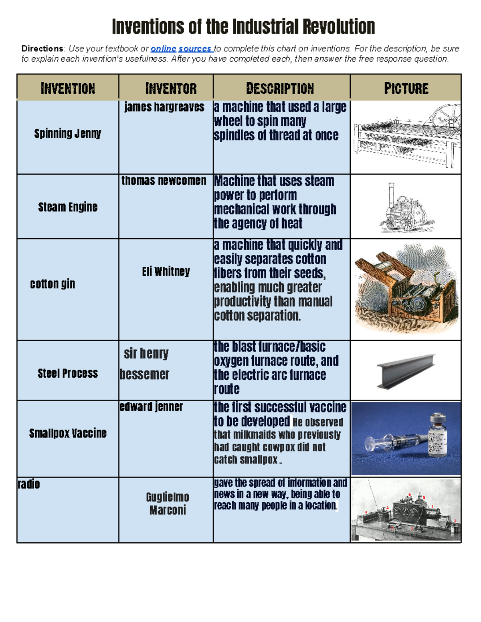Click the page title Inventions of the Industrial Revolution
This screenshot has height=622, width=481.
tap(243, 27)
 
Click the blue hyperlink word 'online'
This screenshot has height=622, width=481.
tap(163, 49)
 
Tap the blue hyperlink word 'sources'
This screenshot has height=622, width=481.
tap(195, 49)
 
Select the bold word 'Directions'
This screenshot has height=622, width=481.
tap(42, 49)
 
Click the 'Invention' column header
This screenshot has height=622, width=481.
tap(68, 88)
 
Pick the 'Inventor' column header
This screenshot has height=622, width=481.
tap(171, 88)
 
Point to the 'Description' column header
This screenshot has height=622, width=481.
tap(280, 88)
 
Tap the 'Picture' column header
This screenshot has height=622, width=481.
tap(406, 88)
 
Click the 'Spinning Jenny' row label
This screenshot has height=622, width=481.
tap(67, 133)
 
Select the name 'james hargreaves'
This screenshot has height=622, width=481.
tap(164, 107)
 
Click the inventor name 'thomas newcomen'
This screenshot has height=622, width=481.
tap(164, 181)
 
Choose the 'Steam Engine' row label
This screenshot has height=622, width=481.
tap(68, 207)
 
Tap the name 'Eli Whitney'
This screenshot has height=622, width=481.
tap(166, 272)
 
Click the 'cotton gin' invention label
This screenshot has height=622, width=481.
tap(53, 284)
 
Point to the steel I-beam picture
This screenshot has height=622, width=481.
tap(406, 371)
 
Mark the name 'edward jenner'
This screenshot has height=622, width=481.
tap(151, 407)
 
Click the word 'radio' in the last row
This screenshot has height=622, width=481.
tap(29, 484)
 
